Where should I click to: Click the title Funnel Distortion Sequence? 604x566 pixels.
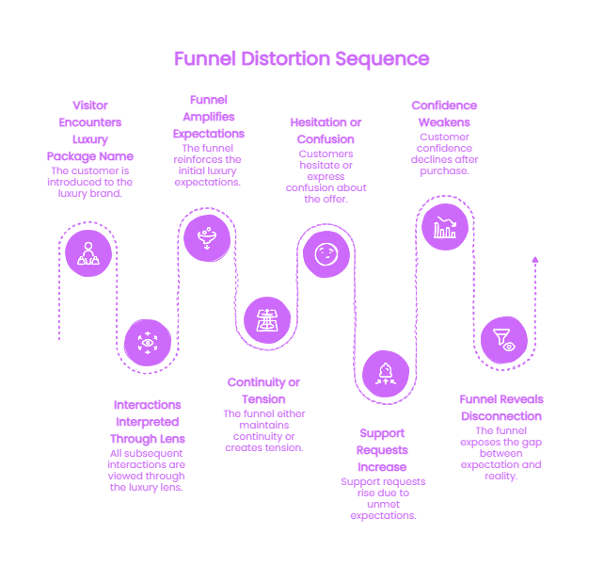click(x=302, y=59)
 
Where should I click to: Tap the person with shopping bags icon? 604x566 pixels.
click(x=88, y=253)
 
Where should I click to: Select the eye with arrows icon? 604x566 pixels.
click(x=148, y=343)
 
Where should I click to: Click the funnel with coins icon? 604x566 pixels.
click(x=207, y=238)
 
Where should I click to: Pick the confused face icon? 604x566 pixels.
click(x=326, y=254)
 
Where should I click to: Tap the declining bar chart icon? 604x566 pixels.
click(x=445, y=227)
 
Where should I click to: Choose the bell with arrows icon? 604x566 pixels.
click(x=386, y=374)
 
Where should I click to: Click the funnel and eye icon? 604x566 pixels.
click(x=504, y=340)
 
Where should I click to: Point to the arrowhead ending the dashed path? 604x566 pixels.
click(x=535, y=260)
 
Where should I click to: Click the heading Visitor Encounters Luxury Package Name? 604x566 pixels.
click(x=90, y=131)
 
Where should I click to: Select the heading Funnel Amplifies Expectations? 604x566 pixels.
click(x=209, y=117)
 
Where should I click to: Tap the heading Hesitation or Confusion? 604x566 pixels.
click(x=326, y=131)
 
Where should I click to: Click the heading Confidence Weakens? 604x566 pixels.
click(x=444, y=114)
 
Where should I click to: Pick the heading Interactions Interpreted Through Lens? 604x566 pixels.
click(x=148, y=422)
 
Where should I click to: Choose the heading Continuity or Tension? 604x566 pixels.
click(x=263, y=391)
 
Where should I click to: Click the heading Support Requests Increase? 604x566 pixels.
click(x=382, y=450)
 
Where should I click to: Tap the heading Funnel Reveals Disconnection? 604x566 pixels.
click(x=501, y=408)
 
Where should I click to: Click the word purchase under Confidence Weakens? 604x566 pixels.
click(x=444, y=170)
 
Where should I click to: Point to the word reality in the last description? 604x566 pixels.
click(x=501, y=477)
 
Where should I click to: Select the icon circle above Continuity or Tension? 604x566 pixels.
click(x=267, y=320)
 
